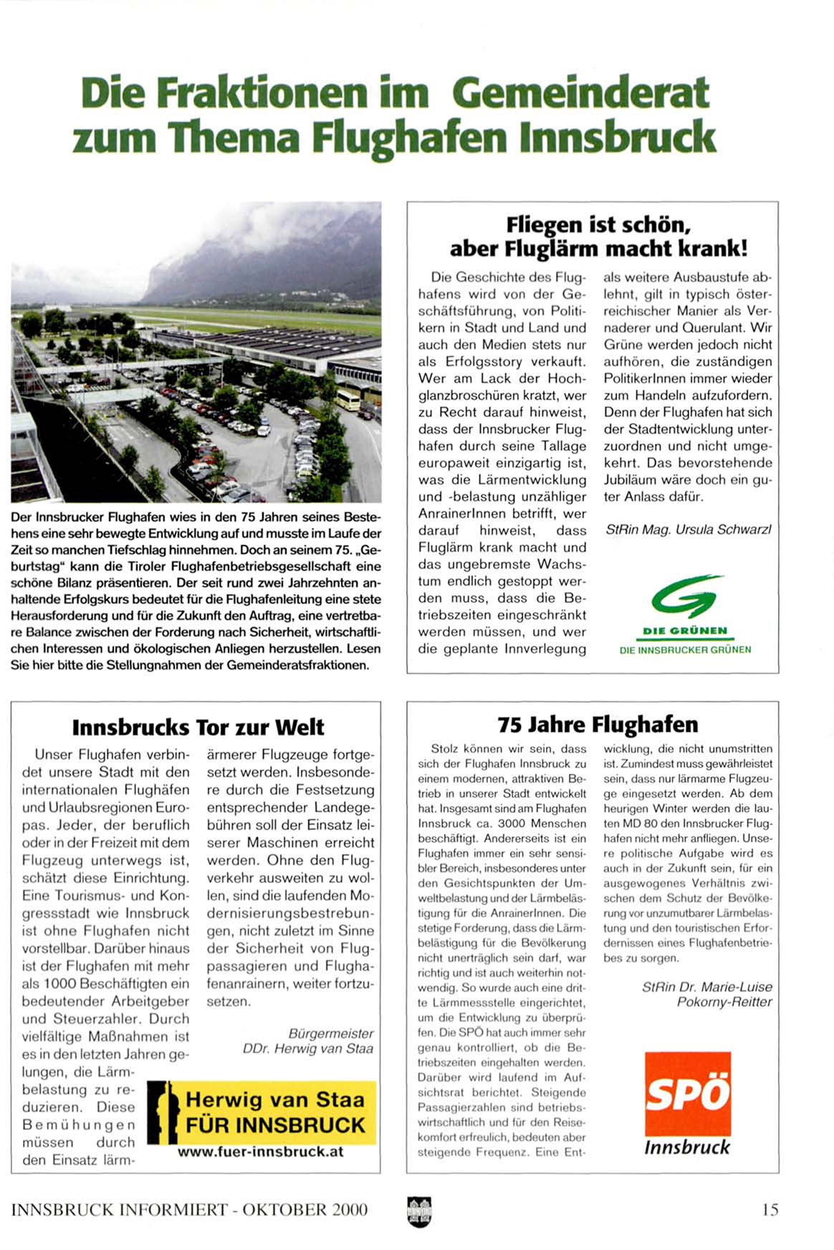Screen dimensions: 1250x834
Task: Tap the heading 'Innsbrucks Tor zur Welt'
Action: [198, 727]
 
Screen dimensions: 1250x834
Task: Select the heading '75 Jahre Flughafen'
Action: [598, 724]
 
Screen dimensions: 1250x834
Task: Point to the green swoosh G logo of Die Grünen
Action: [686, 596]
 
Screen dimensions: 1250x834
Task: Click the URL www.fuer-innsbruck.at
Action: [260, 1152]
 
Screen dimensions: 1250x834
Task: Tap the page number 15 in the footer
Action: [770, 1210]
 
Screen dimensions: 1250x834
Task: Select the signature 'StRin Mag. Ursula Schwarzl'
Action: [688, 530]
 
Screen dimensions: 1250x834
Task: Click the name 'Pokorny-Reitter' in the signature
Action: [724, 1001]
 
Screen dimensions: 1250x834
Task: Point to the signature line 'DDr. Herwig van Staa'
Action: [308, 1049]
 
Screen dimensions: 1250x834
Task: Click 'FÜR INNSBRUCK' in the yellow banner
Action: [275, 1125]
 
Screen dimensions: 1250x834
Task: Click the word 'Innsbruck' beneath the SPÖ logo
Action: [686, 1148]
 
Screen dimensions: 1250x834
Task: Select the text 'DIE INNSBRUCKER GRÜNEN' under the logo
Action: [685, 649]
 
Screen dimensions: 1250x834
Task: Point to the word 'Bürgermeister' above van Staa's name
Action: [331, 1033]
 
